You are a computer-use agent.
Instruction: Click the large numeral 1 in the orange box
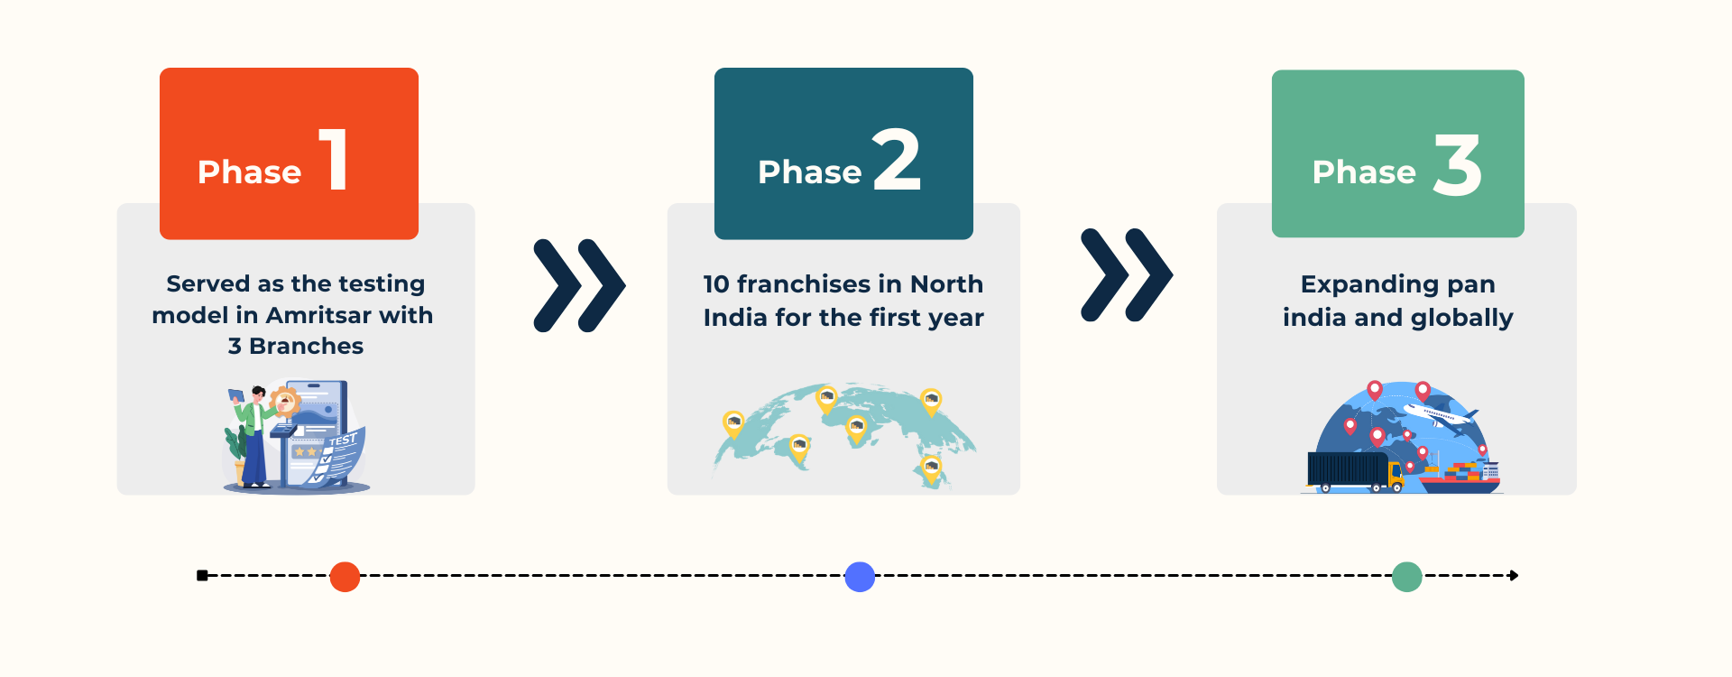[336, 159]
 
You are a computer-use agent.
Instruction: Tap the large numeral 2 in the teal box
[897, 159]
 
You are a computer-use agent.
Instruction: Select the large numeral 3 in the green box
[1458, 165]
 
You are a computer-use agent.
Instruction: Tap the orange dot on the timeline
[345, 576]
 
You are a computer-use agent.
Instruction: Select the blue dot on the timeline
[860, 576]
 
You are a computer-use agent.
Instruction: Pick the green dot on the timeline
[1406, 576]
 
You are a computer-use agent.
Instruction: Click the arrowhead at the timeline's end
[1515, 576]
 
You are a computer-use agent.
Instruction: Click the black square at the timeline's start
[202, 576]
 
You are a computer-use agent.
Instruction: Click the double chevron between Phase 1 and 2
[579, 285]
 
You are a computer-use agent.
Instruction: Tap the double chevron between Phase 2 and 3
[1127, 274]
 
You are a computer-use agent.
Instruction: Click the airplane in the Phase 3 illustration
[1440, 416]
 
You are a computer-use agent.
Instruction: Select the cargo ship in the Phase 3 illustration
[1460, 477]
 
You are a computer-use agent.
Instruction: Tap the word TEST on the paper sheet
[344, 441]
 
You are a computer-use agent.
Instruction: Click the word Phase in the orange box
[250, 172]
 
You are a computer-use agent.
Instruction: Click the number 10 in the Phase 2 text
[716, 284]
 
